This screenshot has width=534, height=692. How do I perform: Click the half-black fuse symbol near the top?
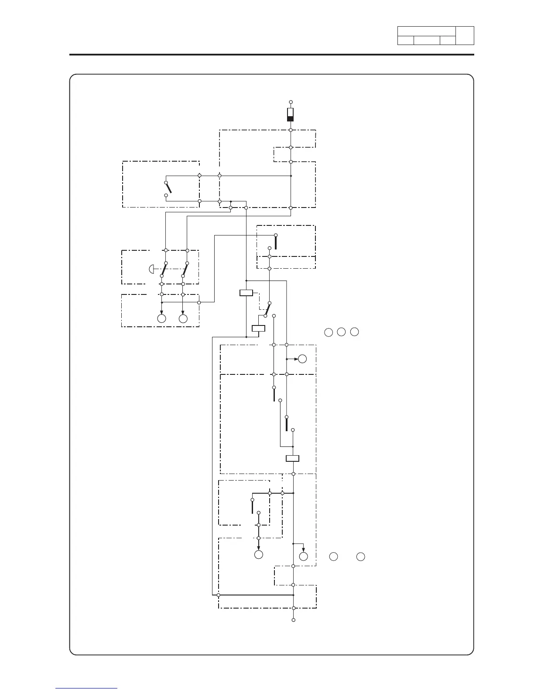coord(290,114)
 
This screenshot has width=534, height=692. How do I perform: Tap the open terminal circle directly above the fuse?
coord(290,101)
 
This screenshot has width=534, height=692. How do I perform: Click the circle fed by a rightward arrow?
coord(302,359)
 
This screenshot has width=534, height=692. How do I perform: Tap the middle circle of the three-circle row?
coord(341,332)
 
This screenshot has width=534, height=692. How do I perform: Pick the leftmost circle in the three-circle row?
coord(328,332)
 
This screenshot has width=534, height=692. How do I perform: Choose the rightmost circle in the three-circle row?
coord(355,332)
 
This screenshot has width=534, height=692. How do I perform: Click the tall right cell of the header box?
coord(465,35)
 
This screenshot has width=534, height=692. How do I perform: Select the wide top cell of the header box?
coord(426,31)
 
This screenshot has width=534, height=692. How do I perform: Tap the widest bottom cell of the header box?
coord(427,41)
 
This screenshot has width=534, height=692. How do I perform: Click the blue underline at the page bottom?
coord(86,688)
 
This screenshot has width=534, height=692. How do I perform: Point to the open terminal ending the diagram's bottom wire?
coord(294,620)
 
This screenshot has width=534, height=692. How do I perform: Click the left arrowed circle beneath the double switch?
coord(162,318)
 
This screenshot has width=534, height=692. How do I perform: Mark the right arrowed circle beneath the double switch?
coord(183,318)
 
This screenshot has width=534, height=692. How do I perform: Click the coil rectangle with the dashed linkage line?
coord(246,293)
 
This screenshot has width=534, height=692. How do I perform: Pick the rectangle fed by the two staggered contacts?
coord(292,458)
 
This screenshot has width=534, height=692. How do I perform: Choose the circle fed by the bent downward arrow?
coord(304,557)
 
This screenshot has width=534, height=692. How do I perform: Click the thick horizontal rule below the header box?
coord(271,55)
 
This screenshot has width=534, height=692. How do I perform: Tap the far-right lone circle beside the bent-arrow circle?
coord(360,557)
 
